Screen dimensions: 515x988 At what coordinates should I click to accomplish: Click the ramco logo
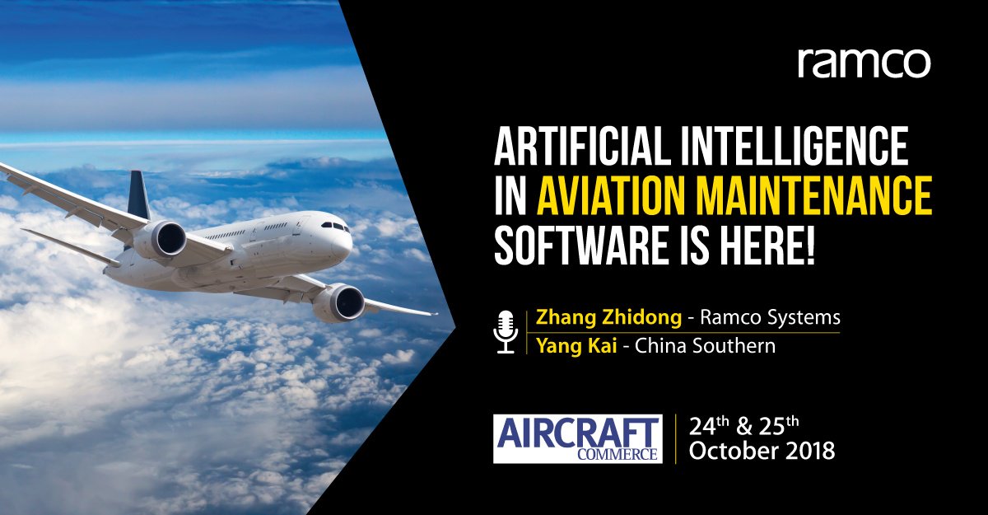click(864, 63)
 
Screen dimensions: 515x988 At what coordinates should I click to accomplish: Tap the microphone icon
click(505, 331)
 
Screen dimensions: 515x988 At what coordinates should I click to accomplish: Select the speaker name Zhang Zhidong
click(597, 317)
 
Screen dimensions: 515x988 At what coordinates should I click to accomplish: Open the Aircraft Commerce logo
click(577, 439)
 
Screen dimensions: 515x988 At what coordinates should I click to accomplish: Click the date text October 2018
click(762, 452)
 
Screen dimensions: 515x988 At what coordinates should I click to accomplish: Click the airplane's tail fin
click(138, 195)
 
